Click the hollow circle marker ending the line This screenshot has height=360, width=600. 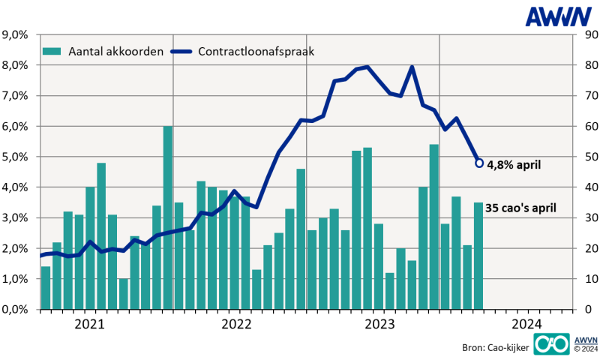coord(479,163)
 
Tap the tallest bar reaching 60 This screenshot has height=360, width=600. coord(168,217)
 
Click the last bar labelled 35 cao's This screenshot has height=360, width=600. coord(478,255)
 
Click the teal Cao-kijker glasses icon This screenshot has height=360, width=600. coord(550,343)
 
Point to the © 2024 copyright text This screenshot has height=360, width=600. coord(585,349)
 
